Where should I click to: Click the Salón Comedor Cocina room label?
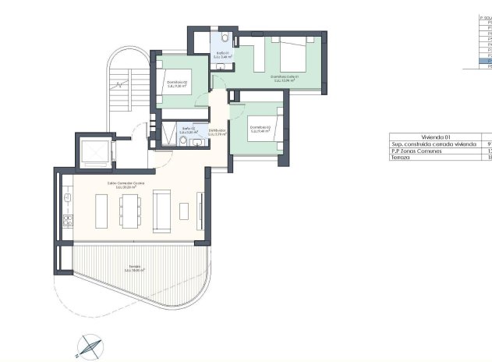point(125,185)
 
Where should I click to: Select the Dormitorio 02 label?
point(178,84)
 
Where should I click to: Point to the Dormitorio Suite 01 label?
point(285,77)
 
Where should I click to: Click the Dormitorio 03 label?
point(260,129)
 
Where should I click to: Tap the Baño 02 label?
point(188,130)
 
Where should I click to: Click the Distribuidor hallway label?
point(218,132)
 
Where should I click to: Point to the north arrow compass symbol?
point(88,344)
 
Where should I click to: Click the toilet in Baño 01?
point(224,37)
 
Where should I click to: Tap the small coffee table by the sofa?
point(184,211)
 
